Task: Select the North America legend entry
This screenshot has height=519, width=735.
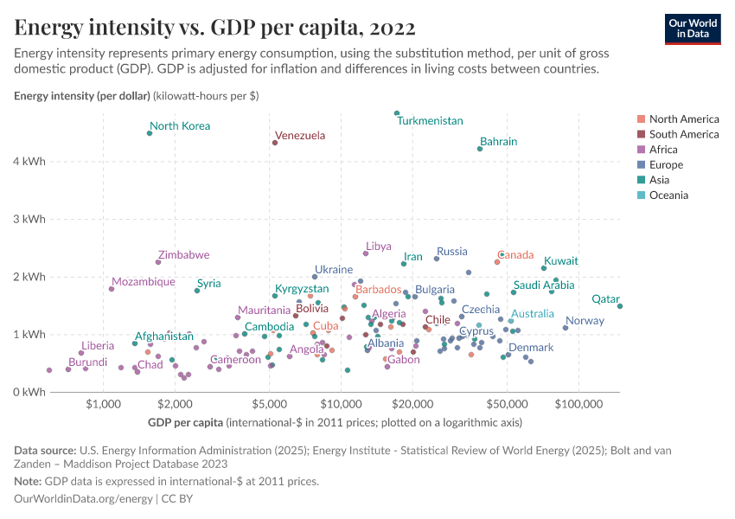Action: (683, 119)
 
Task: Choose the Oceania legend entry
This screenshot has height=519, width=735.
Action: (668, 195)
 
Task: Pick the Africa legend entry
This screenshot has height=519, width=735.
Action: (663, 150)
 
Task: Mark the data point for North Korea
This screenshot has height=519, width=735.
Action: (150, 133)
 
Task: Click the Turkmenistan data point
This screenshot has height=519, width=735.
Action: (397, 113)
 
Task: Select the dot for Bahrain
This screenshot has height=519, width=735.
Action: (480, 149)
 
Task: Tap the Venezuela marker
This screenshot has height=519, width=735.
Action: (275, 143)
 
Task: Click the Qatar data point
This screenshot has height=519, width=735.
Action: (620, 305)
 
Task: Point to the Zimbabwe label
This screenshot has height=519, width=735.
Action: (183, 255)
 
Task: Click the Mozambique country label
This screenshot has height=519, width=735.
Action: (143, 282)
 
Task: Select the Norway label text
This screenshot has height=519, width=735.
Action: (585, 321)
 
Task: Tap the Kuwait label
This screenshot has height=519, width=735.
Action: (561, 261)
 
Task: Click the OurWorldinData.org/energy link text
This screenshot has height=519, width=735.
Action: (83, 499)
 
